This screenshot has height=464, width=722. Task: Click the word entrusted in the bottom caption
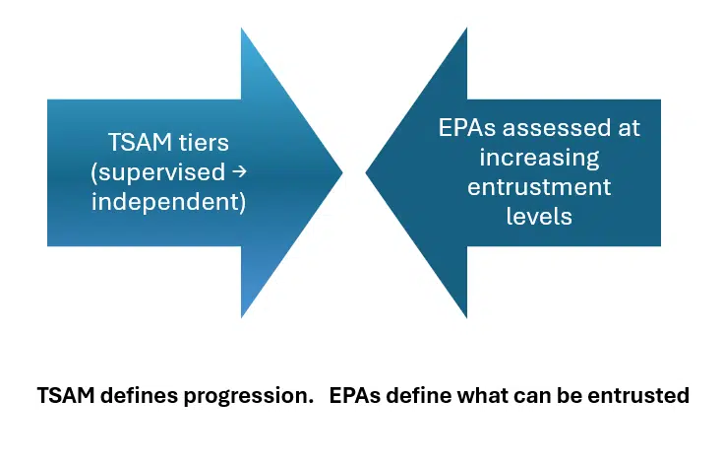point(645,397)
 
